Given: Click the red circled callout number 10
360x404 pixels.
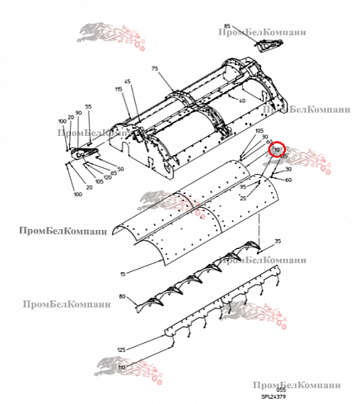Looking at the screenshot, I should coord(277,148).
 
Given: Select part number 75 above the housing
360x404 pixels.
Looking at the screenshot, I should coord(153,71).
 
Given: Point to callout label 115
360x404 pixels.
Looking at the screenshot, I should coord(118,88).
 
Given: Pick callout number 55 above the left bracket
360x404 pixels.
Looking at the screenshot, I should coord(89,107).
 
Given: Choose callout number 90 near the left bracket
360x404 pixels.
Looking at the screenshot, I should coord(78,113).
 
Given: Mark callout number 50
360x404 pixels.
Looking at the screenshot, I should coord(120,169).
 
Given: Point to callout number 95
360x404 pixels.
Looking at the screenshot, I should coord(243,187).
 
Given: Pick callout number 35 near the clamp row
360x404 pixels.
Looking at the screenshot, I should coord(278,240).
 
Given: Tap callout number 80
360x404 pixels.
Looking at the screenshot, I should coord(123,296).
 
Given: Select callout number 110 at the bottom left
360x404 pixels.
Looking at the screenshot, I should coord(122,367).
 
